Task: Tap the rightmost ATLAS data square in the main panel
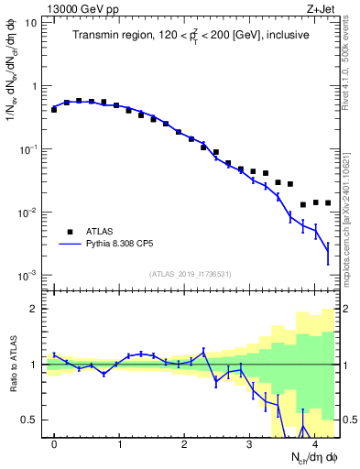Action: [328, 202]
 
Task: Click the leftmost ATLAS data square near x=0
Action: [54, 109]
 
